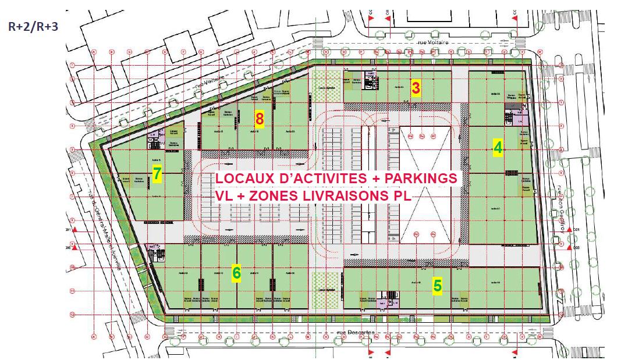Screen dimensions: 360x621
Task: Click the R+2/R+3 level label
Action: (x=33, y=26)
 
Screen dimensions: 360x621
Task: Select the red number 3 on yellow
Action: (x=416, y=88)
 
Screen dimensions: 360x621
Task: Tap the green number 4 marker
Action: (x=498, y=148)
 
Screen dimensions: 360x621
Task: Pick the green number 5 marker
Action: (x=437, y=285)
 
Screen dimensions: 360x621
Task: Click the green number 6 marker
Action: (x=236, y=273)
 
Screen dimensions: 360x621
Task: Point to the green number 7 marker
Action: (x=157, y=173)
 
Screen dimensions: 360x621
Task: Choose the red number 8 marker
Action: (x=260, y=119)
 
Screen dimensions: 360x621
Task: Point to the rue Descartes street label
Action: (x=356, y=333)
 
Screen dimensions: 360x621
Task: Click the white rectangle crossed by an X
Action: (x=425, y=185)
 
